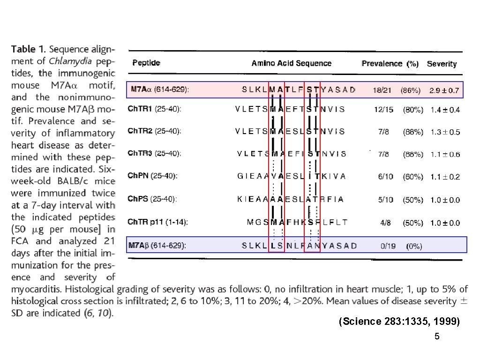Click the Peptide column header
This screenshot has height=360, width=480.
pos(146,63)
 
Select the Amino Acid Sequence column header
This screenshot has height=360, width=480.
pos(291,63)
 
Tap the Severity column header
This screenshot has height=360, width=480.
pos(442,64)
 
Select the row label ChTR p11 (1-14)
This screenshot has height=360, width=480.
pos(158,222)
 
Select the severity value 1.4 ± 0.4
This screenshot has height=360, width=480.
pos(445,110)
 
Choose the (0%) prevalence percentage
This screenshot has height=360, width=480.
pos(414,246)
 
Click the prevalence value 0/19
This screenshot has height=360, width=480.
pos(387,246)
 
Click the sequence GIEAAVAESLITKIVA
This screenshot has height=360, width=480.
pos(292,176)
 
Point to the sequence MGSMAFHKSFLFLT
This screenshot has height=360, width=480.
pos(297,222)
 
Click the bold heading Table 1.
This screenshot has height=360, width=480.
pos(29,49)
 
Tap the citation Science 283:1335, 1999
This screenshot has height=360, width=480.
pos(399,322)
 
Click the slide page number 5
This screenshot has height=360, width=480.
pos(437,337)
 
